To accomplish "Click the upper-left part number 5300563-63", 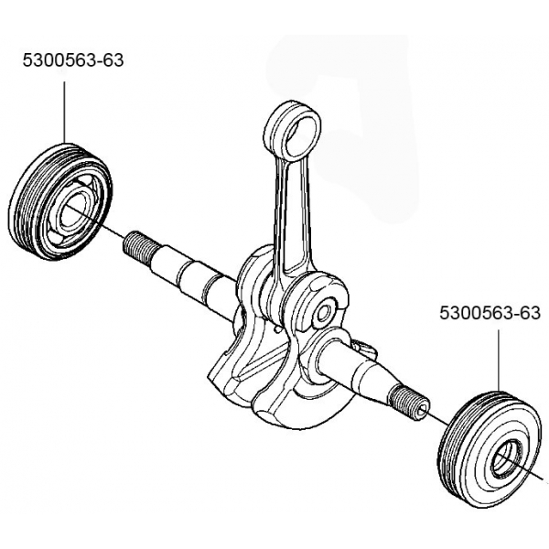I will [72, 60].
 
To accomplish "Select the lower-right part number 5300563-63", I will [490, 313].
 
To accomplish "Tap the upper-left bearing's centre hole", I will [71, 212].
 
